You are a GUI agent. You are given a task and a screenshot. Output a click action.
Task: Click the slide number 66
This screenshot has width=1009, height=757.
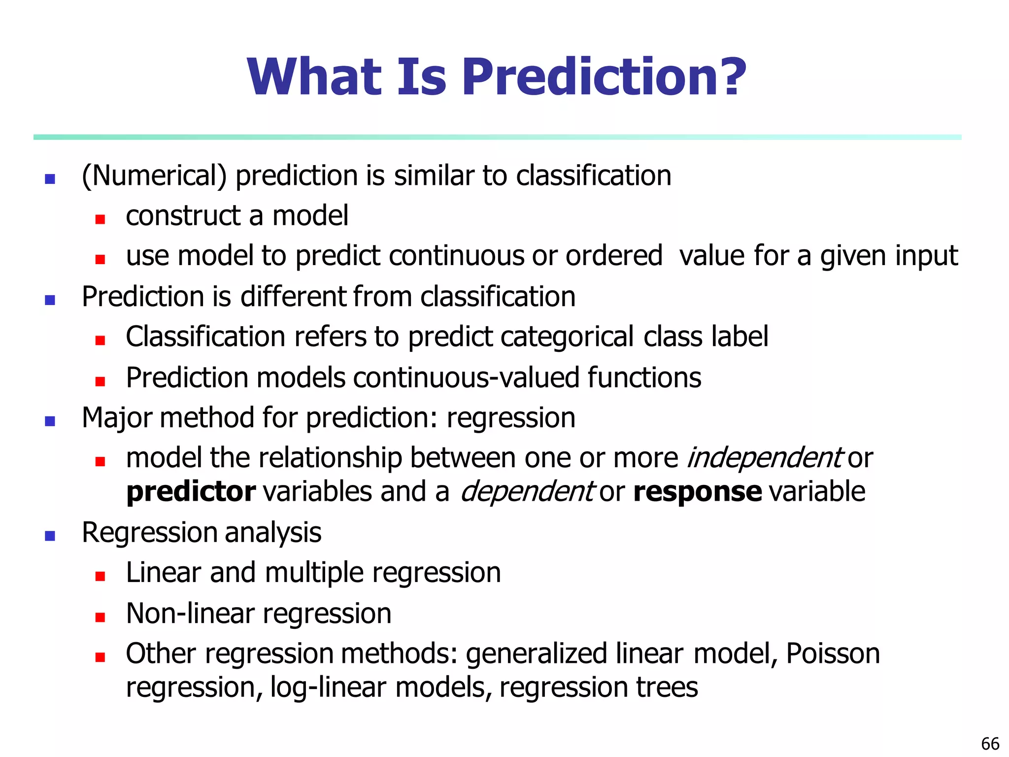tap(990, 743)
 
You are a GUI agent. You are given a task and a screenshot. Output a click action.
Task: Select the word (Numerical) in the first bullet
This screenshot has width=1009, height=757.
tap(154, 176)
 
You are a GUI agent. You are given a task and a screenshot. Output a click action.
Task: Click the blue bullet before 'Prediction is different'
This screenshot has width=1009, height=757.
tap(50, 300)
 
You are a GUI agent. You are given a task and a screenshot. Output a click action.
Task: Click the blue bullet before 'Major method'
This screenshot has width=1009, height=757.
tap(50, 421)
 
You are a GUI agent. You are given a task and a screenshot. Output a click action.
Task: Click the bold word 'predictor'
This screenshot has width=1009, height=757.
tap(191, 492)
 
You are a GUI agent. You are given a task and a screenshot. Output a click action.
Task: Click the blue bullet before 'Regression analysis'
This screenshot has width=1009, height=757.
tap(50, 536)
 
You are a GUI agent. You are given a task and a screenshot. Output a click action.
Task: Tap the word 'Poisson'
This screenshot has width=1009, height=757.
tap(833, 654)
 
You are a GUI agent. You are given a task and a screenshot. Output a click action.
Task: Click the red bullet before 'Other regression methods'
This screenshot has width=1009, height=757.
tap(101, 657)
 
